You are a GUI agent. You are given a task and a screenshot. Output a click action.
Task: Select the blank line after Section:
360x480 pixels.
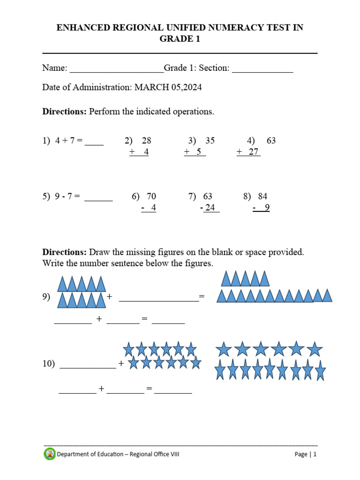pos(262,71)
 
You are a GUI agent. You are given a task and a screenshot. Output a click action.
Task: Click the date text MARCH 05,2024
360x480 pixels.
pos(168,88)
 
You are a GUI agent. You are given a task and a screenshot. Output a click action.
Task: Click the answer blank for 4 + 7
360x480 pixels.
pos(94,144)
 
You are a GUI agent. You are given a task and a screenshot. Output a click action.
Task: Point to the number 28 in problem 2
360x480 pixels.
pos(146,141)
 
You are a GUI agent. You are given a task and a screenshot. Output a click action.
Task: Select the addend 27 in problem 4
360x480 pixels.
pos(254,152)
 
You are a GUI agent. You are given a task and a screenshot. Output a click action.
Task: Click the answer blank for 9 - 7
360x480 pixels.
pos(98,200)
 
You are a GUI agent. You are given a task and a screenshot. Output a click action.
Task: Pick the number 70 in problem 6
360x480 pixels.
pos(151,196)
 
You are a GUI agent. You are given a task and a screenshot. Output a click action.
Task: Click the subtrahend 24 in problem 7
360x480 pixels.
pos(210,208)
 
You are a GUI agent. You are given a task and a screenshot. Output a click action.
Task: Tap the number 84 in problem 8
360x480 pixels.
pos(262,196)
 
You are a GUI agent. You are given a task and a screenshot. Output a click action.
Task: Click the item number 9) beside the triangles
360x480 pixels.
pos(46,297)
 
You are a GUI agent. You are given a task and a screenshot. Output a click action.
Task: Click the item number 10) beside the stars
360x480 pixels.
pos(48,364)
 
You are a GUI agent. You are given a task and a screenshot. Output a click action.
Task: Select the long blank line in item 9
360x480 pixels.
pos(158,300)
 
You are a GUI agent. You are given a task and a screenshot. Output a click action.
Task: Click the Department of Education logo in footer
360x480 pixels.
pos(50,454)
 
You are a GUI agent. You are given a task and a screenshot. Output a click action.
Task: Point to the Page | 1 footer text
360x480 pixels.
pos(306,454)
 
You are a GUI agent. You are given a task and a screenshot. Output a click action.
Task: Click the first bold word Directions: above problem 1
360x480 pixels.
pos(65,112)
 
